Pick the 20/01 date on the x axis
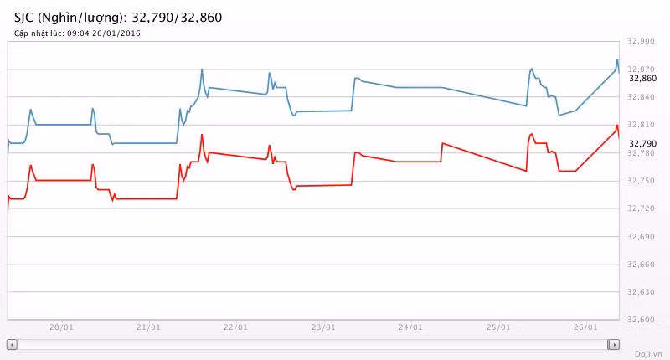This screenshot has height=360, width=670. (x=62, y=327)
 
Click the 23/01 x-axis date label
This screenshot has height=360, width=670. (x=323, y=327)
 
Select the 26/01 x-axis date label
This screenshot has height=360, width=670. (x=585, y=327)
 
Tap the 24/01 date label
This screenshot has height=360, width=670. (x=411, y=327)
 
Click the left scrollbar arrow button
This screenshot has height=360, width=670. (x=12, y=344)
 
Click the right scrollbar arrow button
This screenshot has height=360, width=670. (x=614, y=344)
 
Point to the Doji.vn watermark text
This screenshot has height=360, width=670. (x=648, y=354)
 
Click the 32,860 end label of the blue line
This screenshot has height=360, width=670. (x=643, y=78)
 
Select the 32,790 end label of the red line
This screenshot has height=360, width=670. (x=643, y=143)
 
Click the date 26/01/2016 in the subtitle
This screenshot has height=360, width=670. (x=121, y=33)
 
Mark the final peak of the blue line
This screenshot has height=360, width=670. (x=617, y=60)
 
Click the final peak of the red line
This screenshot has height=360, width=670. (x=617, y=126)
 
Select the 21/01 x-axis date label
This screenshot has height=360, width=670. (x=148, y=327)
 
